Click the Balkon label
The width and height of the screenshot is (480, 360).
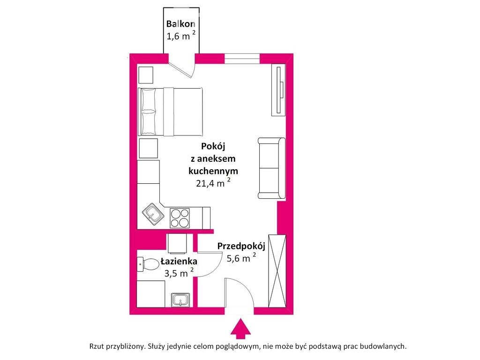coord(180,23)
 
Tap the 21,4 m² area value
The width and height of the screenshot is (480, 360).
coord(213,183)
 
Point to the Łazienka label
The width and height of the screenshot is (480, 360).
coord(179,261)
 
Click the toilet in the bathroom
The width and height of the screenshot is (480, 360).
coord(148,264)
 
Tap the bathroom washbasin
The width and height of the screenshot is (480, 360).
coord(180,300)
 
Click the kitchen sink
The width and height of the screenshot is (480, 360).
coord(153,214)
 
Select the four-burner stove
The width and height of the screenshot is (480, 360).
coord(180,218)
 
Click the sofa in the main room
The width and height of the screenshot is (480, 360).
coord(271,168)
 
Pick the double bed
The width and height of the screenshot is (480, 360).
coord(170,112)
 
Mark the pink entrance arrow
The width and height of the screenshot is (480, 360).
coord(240,329)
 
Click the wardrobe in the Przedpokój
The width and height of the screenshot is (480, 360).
coord(277,271)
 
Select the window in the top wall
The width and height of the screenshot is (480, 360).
coord(242,59)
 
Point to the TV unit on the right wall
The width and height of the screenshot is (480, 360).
coord(278,90)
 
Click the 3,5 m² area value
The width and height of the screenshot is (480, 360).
coord(179,273)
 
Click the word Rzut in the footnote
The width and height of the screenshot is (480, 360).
coord(97,346)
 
